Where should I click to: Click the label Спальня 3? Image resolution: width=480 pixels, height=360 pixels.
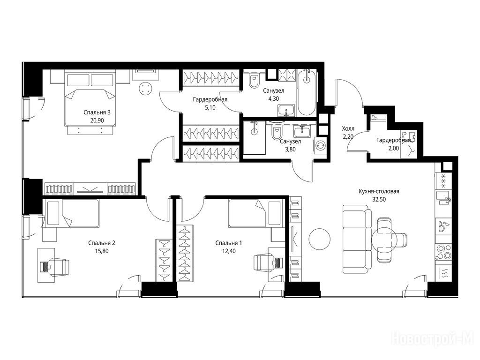pos(97,112)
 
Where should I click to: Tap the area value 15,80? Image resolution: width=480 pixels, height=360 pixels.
pos(102,251)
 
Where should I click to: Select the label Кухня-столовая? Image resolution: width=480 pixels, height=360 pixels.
pos(379,191)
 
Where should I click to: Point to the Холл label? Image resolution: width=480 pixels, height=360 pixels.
pos(348,129)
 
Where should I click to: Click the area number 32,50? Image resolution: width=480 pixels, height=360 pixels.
pos(379,199)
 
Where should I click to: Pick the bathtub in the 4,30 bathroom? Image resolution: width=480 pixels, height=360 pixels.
pos(306,93)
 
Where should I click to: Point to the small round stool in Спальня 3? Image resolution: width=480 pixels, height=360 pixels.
pos(145,89)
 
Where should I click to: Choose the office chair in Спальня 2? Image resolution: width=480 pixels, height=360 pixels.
pos(57,266)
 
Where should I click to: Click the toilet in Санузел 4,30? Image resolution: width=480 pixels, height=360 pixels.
pos(254,81)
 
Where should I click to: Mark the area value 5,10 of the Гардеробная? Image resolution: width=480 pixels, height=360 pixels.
pos(210,107)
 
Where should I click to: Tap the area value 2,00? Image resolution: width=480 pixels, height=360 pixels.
pos(393,148)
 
